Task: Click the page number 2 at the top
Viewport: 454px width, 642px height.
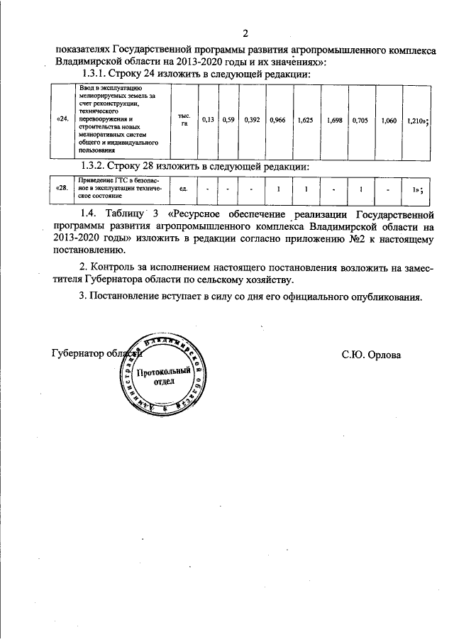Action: point(245,33)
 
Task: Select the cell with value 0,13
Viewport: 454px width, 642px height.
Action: point(208,121)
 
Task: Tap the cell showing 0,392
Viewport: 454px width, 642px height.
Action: point(252,121)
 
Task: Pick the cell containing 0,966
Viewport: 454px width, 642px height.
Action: point(278,121)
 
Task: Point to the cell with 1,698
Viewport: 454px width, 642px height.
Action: point(335,121)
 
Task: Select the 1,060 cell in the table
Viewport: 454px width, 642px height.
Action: point(389,121)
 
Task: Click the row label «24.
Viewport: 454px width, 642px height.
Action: point(62,121)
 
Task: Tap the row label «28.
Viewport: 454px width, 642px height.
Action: point(62,189)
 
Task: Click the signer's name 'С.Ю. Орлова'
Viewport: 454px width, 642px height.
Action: point(370,353)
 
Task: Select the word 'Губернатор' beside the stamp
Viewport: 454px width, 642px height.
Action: point(78,353)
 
